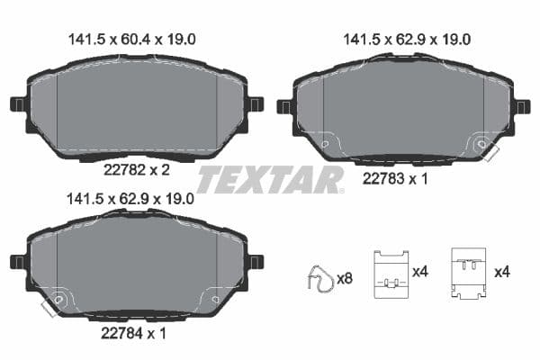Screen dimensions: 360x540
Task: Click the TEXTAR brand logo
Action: click(x=270, y=179)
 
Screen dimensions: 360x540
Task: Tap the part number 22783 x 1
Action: click(x=395, y=178)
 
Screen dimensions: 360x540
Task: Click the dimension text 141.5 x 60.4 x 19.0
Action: click(x=132, y=39)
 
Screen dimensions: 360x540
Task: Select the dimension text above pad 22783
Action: click(x=407, y=39)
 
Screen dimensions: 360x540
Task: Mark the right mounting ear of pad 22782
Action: click(x=256, y=103)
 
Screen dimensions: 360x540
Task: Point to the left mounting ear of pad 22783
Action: click(x=284, y=107)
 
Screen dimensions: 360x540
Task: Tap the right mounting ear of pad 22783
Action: click(x=522, y=107)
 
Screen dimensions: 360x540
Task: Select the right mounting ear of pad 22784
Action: click(x=256, y=262)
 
